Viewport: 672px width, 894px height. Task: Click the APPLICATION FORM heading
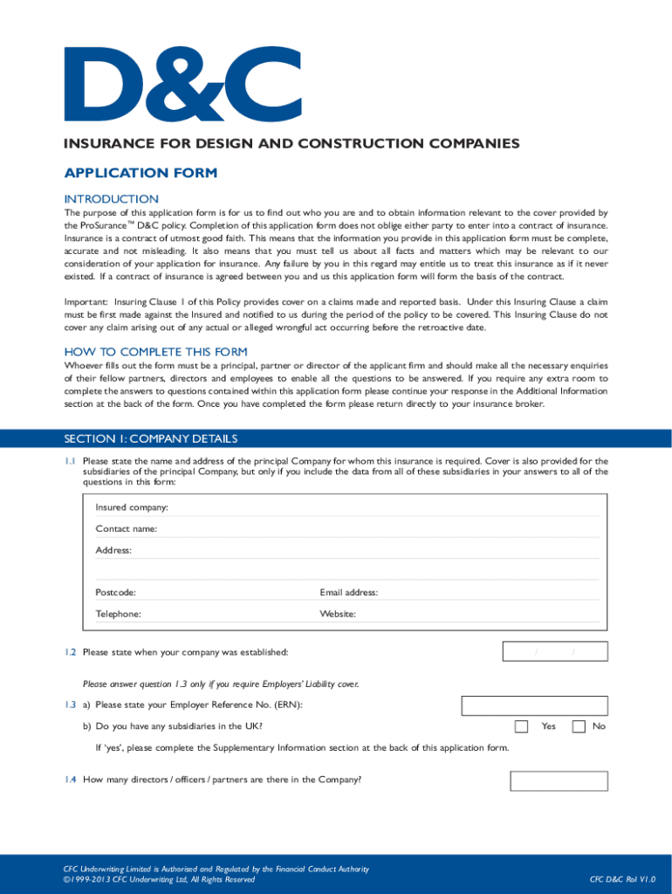pyautogui.click(x=140, y=173)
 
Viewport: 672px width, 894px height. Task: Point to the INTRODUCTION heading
pyautogui.click(x=112, y=199)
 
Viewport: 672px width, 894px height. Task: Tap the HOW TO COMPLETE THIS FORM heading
pyautogui.click(x=155, y=351)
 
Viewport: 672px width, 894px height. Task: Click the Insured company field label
pyautogui.click(x=132, y=507)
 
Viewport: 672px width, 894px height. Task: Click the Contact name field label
pyautogui.click(x=127, y=528)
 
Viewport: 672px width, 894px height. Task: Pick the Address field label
pyautogui.click(x=113, y=550)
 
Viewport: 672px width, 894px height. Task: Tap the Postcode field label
pyautogui.click(x=115, y=592)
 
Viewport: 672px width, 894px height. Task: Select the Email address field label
pyautogui.click(x=348, y=592)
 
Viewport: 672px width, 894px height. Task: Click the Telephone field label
pyautogui.click(x=118, y=614)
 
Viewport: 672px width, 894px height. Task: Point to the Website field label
pyautogui.click(x=338, y=614)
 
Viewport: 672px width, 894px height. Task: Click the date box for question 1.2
pyautogui.click(x=555, y=651)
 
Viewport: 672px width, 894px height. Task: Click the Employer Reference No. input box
pyautogui.click(x=534, y=705)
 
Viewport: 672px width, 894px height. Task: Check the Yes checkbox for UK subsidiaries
pyautogui.click(x=521, y=726)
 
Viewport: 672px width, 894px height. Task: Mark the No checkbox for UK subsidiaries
pyautogui.click(x=578, y=726)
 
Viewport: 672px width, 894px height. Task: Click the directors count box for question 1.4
pyautogui.click(x=559, y=780)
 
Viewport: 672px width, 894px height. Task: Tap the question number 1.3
pyautogui.click(x=70, y=705)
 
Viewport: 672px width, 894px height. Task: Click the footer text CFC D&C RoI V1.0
pyautogui.click(x=621, y=879)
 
